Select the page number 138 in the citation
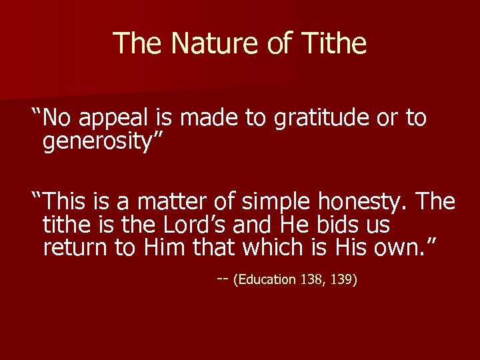(310, 279)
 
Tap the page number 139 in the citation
(343, 279)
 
